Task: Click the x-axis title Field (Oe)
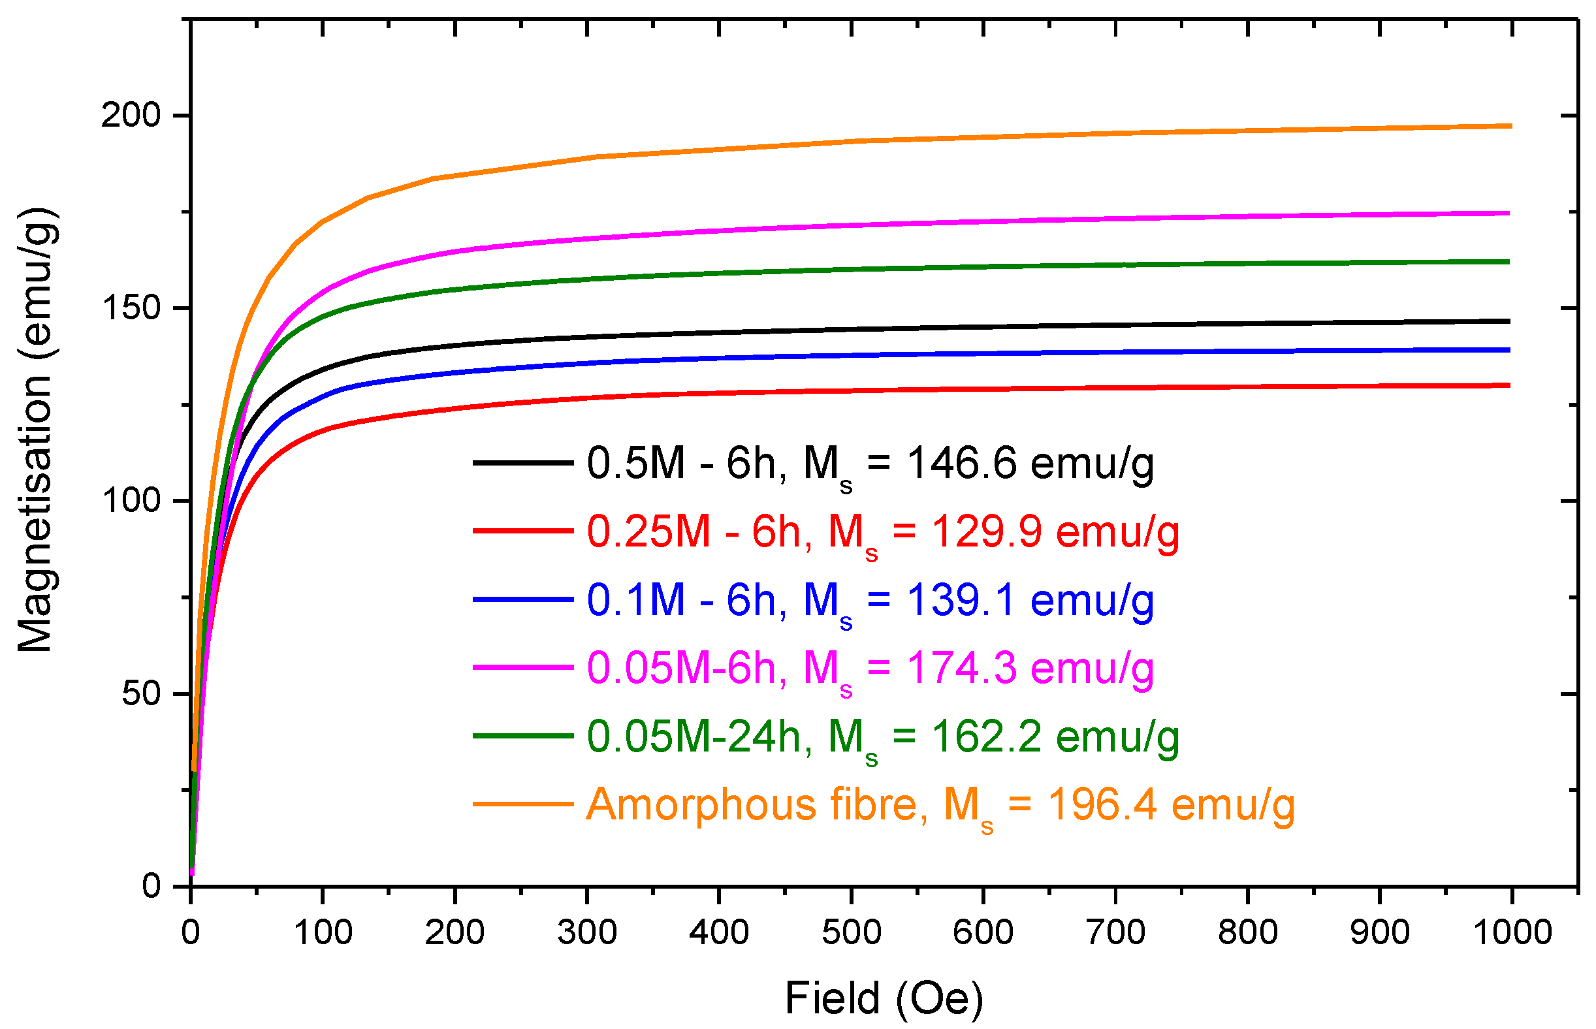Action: click(884, 998)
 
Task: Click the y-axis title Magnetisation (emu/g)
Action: click(37, 430)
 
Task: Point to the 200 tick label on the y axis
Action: click(131, 116)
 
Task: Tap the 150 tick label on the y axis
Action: click(131, 308)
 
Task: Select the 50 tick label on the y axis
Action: click(141, 693)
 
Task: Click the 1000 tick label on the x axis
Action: click(1512, 932)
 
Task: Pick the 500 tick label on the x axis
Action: click(851, 932)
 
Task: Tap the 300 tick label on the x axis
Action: click(587, 932)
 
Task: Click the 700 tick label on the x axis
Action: click(1115, 932)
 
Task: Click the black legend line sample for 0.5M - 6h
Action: click(522, 462)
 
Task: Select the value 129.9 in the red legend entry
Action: click(986, 532)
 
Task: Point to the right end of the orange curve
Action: click(1509, 125)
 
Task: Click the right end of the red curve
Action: click(1508, 385)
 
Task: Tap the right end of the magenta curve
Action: click(1508, 213)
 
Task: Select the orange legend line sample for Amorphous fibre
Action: click(522, 804)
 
